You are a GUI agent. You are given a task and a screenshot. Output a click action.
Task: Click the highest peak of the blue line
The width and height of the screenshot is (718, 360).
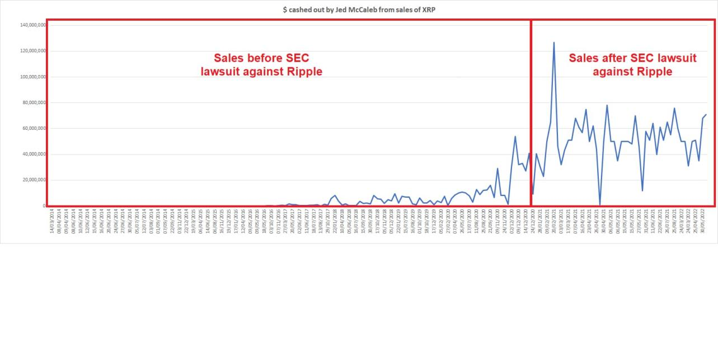(554, 43)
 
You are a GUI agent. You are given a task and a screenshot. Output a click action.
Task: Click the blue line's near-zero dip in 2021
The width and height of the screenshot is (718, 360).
(600, 204)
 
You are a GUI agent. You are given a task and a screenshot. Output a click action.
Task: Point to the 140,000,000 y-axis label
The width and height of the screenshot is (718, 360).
(33, 25)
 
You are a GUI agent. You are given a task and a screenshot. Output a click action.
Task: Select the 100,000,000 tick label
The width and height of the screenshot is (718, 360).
(33, 77)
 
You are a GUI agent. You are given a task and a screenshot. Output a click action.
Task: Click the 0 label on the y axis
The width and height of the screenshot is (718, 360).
(43, 206)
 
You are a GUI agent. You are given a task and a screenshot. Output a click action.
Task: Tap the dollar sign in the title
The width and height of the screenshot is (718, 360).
(285, 10)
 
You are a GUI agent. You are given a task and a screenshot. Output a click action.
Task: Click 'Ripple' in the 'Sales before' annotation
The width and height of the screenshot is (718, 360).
(304, 72)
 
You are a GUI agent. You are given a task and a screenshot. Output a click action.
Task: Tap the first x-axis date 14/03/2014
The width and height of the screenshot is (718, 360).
(51, 219)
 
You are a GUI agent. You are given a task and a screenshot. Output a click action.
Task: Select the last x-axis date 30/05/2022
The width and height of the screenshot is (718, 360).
(702, 219)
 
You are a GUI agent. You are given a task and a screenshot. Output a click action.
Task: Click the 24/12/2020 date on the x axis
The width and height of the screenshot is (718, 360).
(533, 219)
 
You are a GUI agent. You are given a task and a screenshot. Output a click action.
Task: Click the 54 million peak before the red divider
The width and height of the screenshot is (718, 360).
(515, 137)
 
